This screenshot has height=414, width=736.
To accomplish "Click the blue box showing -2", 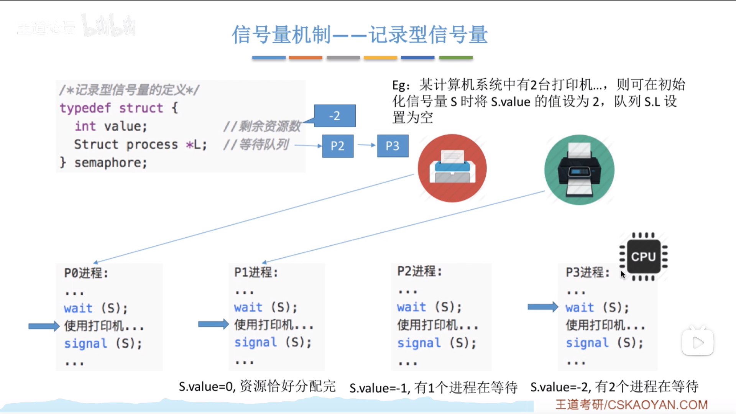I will (335, 116).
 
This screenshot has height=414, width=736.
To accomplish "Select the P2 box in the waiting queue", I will (337, 146).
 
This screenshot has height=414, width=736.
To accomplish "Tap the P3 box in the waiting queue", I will (393, 146).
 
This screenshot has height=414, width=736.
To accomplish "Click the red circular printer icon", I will (452, 168).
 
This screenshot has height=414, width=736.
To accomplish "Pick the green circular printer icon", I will (579, 170).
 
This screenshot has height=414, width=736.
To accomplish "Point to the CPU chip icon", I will (643, 256).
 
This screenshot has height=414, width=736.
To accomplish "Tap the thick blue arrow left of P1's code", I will (213, 324).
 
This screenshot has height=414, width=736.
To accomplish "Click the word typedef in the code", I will (85, 108).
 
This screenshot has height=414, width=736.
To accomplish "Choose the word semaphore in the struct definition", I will (110, 163).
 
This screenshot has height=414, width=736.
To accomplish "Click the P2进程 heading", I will (419, 271).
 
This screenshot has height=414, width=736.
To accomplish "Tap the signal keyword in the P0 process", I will (85, 343).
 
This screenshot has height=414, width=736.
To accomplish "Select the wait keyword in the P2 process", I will (411, 307).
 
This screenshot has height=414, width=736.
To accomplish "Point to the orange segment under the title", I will (306, 58).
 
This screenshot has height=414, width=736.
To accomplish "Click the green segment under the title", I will (456, 58).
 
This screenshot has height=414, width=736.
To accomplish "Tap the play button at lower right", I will (698, 342).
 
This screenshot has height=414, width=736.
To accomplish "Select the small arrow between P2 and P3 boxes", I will (366, 145).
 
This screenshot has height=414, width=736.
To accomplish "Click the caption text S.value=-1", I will (378, 388).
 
